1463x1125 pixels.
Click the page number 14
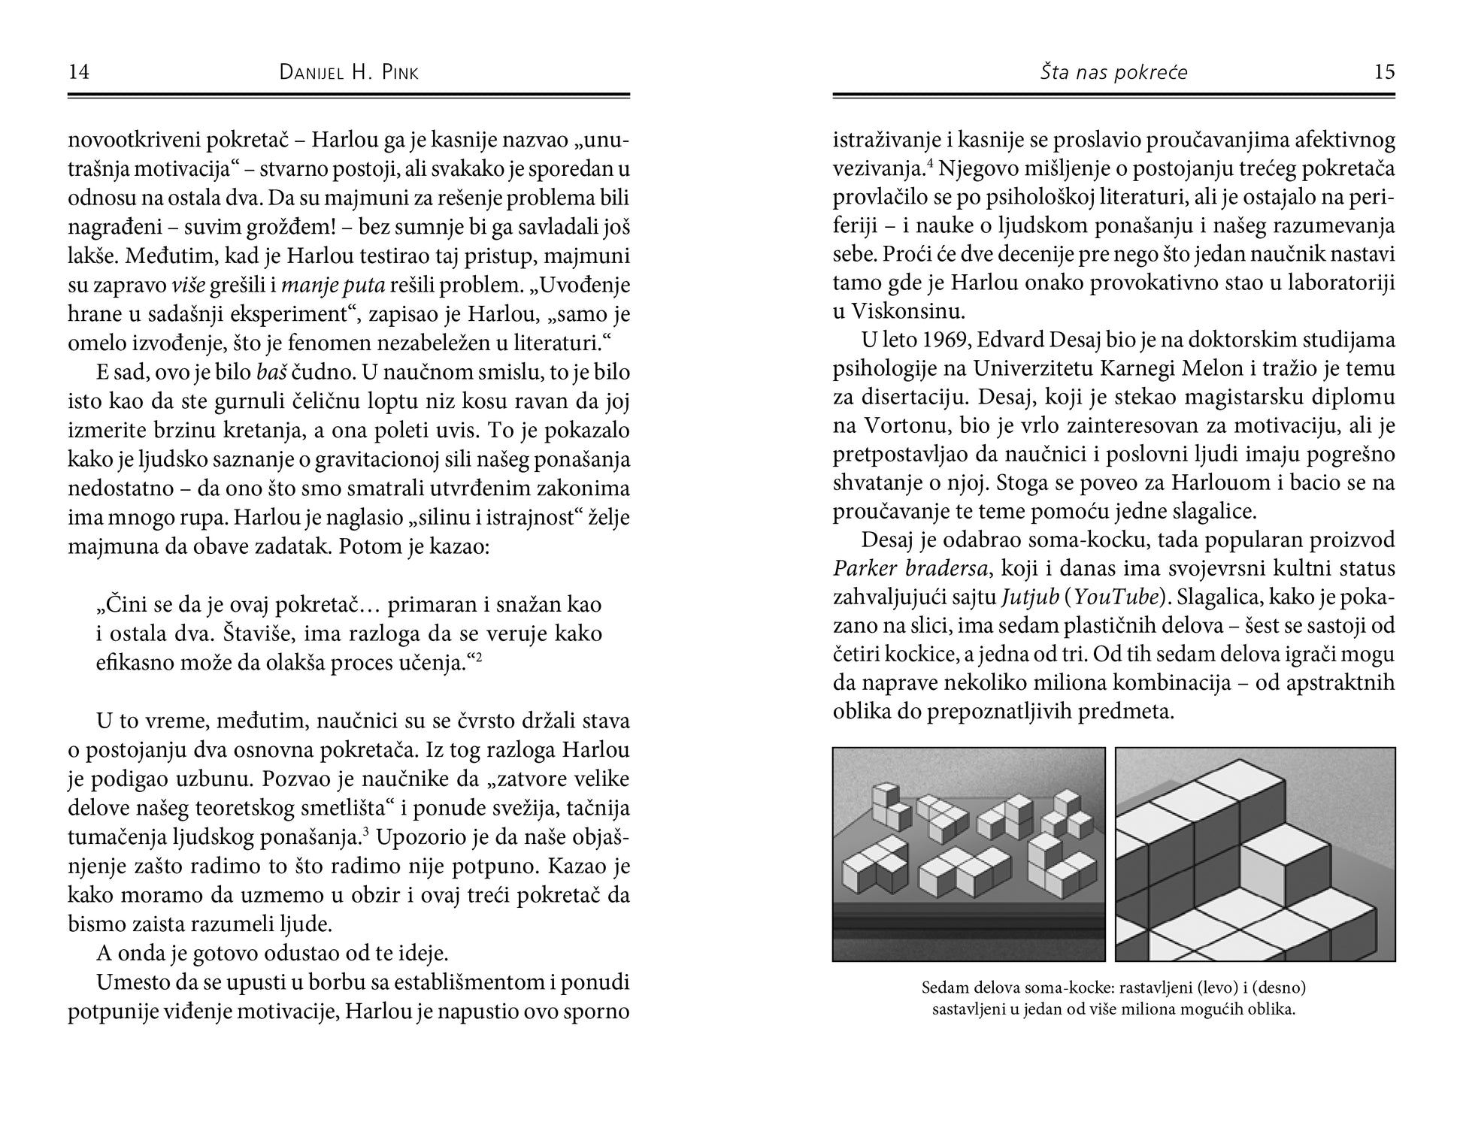coord(79,72)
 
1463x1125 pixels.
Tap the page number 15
coord(1384,72)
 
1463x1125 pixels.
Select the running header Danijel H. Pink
coord(349,73)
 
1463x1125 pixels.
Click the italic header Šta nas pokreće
coord(1113,73)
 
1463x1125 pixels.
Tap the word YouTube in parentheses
coord(1116,597)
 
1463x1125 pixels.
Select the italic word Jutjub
coord(1028,597)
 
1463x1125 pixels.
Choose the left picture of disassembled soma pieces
coord(968,854)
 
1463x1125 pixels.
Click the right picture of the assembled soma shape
coord(1255,854)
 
